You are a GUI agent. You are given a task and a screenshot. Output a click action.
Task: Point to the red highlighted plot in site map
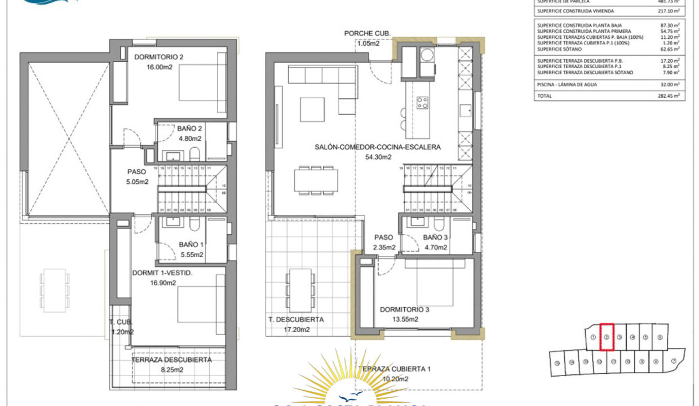click(606, 337)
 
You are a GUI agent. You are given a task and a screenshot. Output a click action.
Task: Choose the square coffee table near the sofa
click(312, 109)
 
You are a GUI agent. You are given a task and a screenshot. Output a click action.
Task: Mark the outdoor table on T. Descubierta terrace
click(300, 285)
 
